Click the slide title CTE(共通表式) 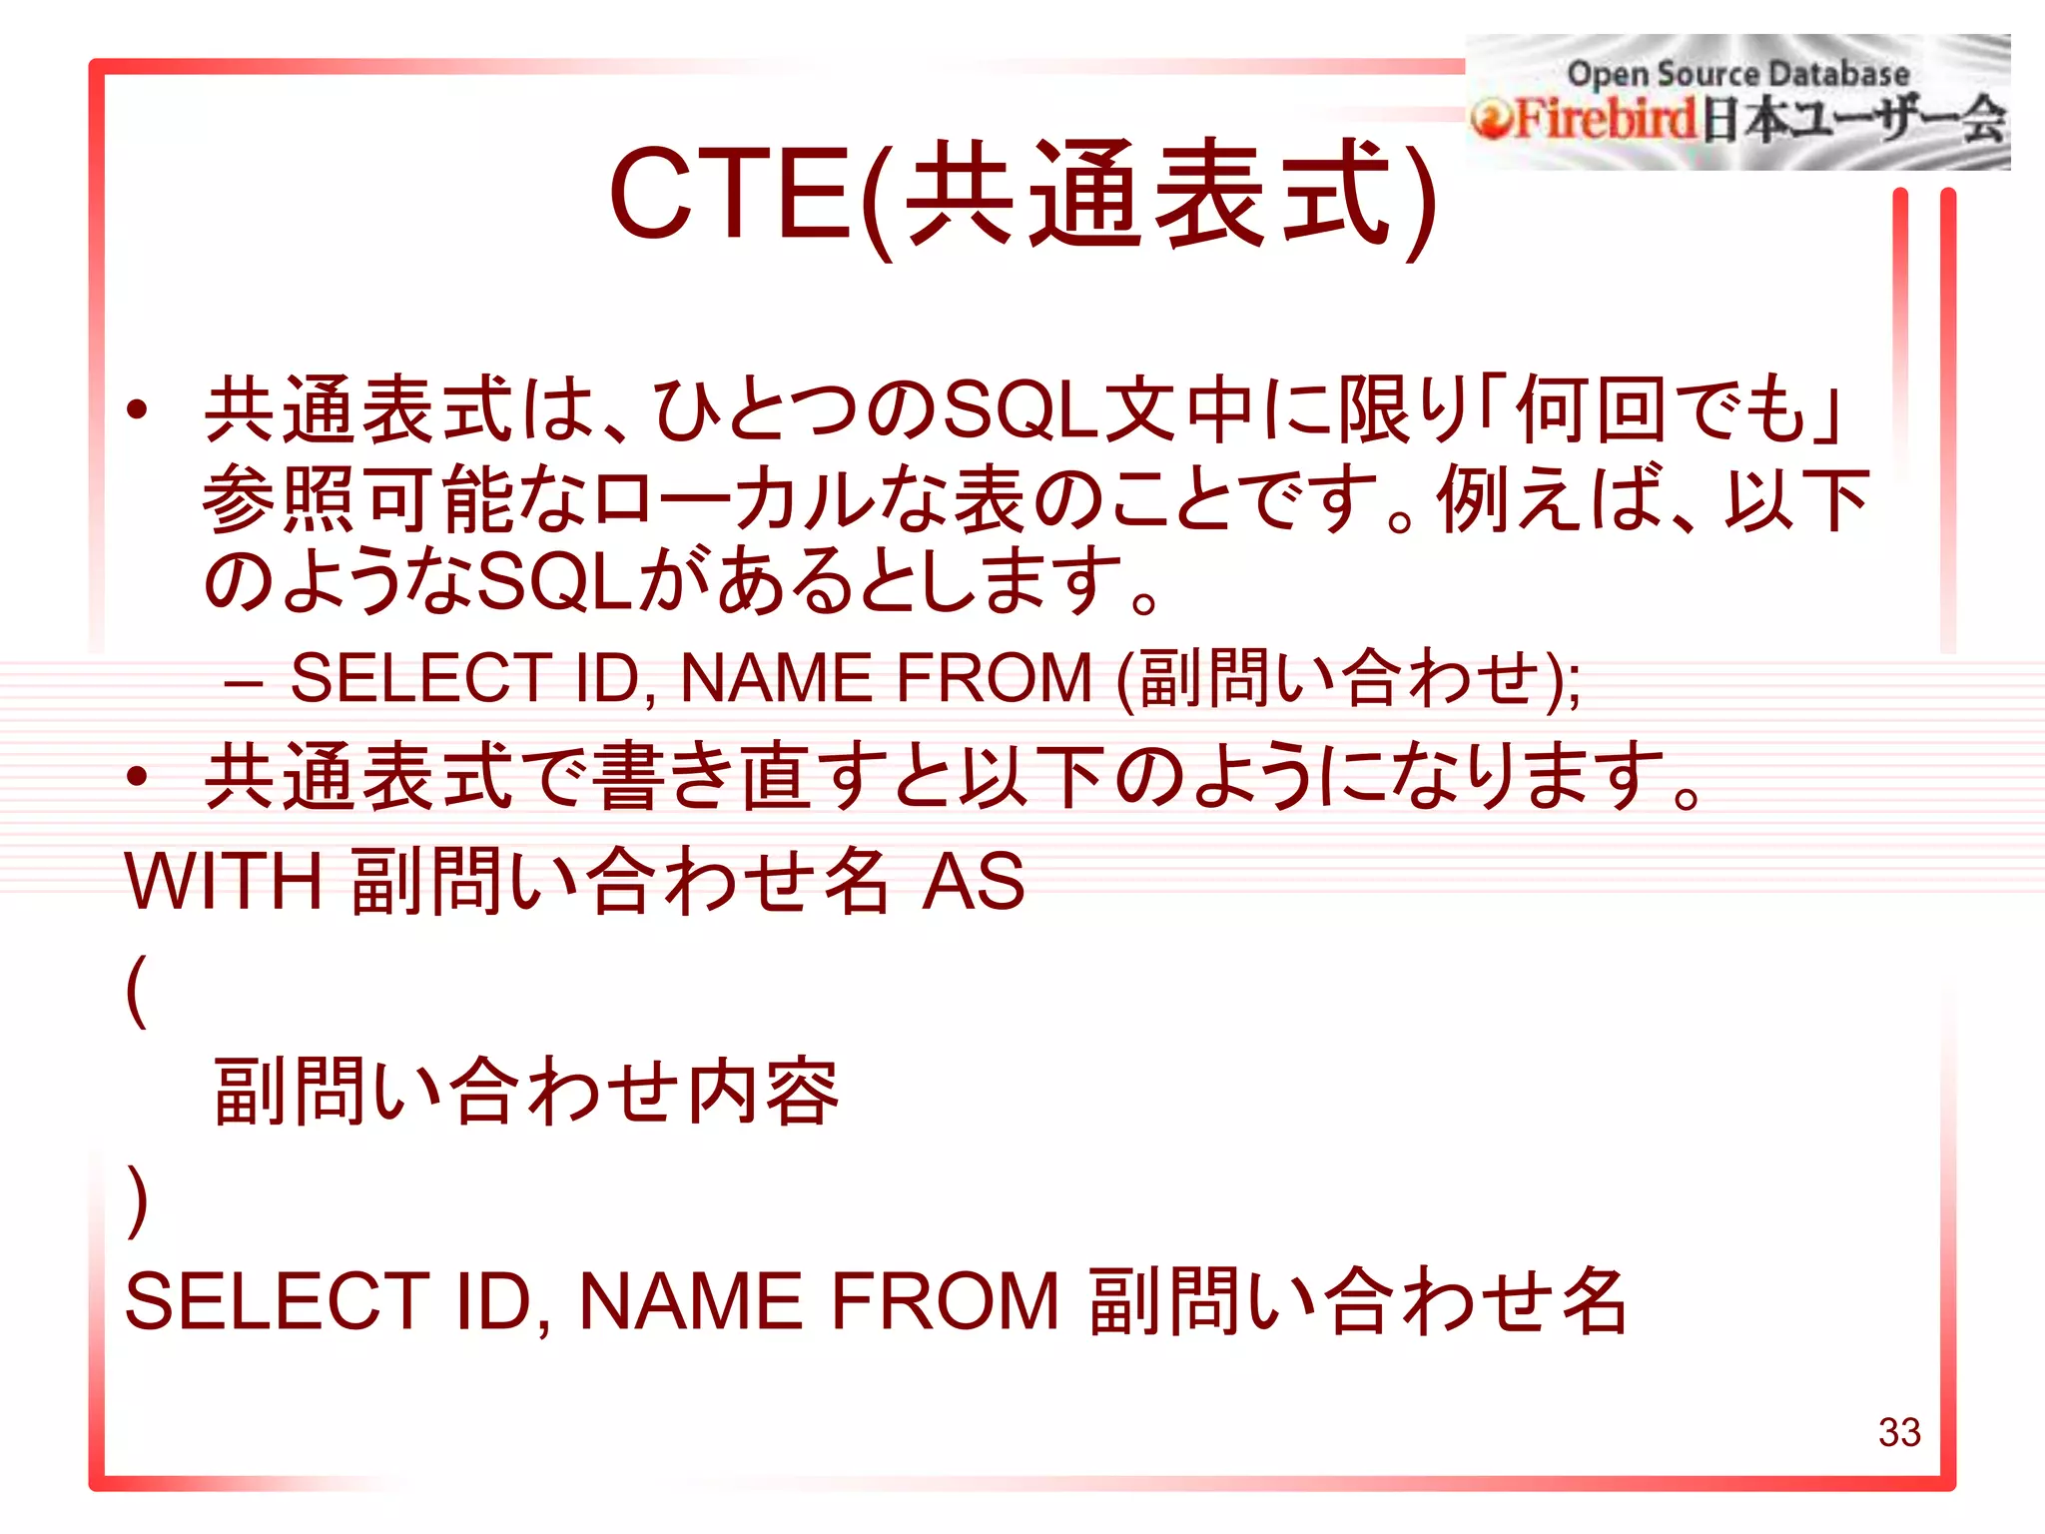[x=1022, y=195]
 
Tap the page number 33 [x=1898, y=1432]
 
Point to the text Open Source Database [x=1737, y=73]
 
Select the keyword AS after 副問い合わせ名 [x=973, y=881]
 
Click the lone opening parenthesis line [x=138, y=989]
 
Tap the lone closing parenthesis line [x=138, y=1200]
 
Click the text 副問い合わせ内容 [x=526, y=1092]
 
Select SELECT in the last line [x=277, y=1301]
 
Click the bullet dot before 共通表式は [x=138, y=409]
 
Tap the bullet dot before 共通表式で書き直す [x=138, y=776]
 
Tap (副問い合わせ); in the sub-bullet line [x=1348, y=679]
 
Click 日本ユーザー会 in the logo [x=1853, y=120]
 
